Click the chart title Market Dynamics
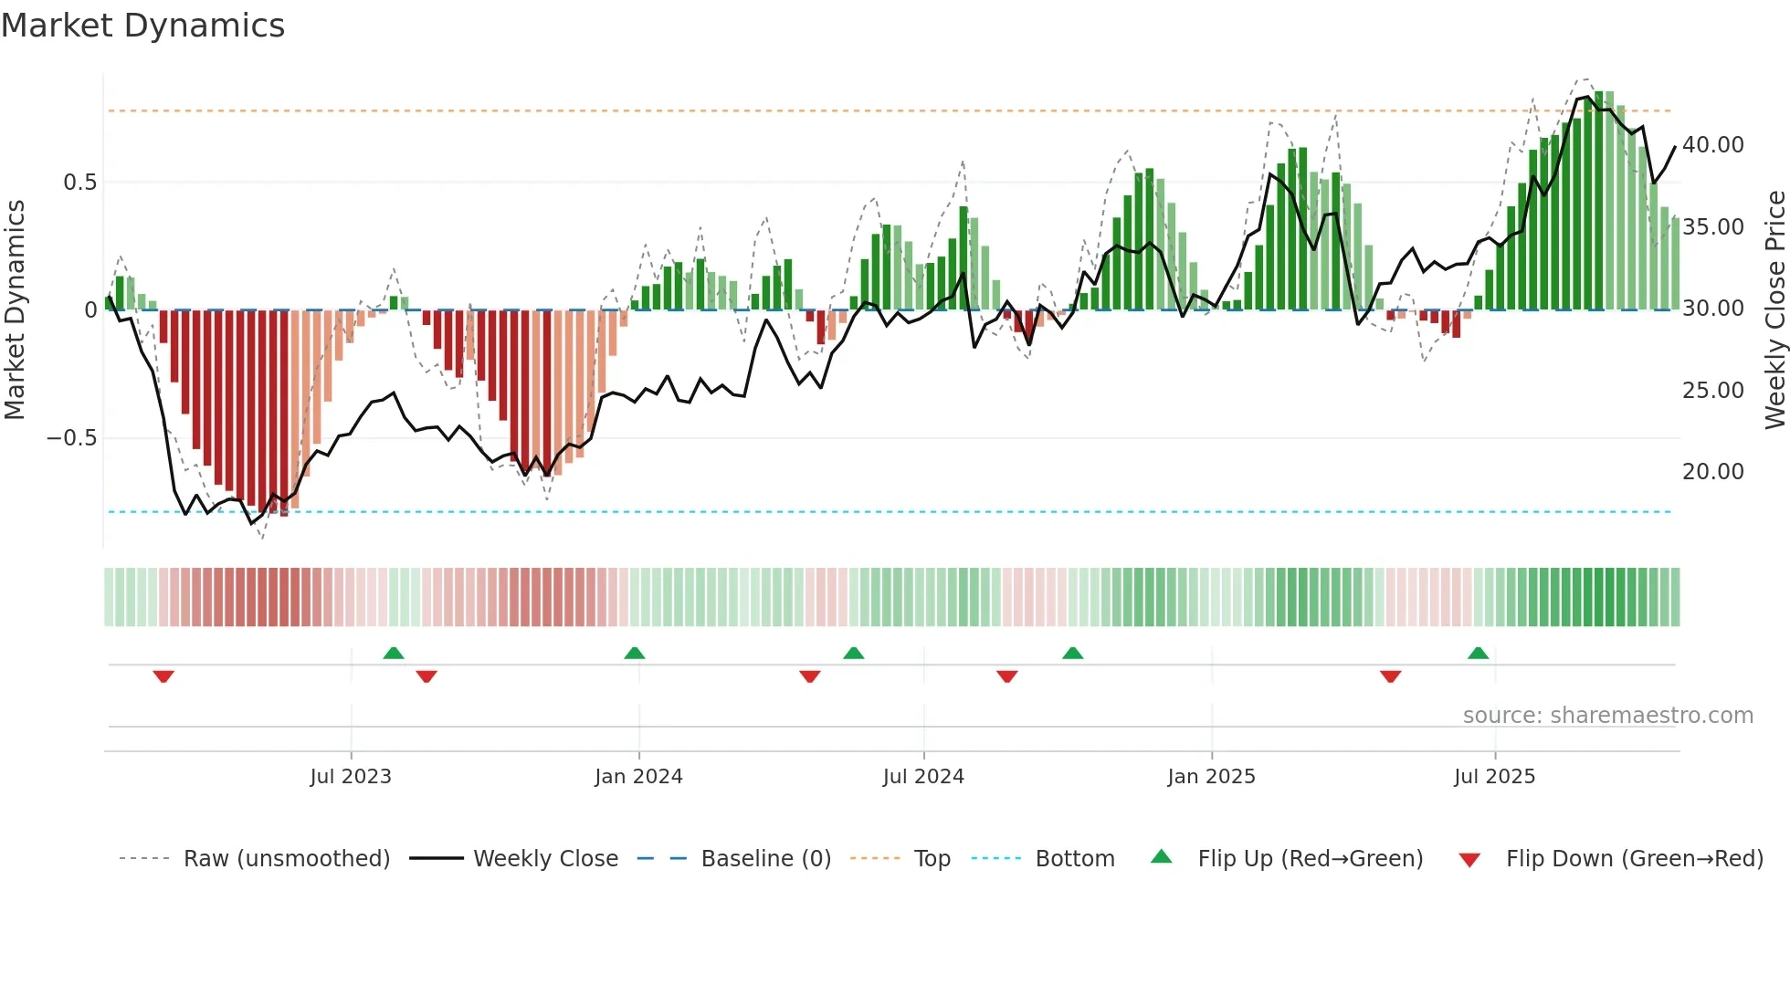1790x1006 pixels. click(142, 26)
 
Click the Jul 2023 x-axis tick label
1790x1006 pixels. click(351, 777)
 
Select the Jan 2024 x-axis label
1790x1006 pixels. click(638, 777)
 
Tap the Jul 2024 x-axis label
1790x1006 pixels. click(923, 777)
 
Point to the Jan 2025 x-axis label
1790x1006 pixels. click(1211, 777)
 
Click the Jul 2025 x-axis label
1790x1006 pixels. click(1494, 777)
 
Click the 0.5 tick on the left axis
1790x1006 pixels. click(79, 183)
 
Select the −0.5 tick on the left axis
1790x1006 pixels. click(71, 438)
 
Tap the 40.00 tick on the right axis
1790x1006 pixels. click(1712, 145)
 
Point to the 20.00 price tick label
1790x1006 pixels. click(1712, 472)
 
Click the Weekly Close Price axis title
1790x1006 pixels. click(1774, 310)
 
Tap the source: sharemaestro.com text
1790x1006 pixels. click(1607, 716)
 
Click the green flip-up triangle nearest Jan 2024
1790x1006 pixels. click(635, 654)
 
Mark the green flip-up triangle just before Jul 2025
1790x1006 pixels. click(1478, 654)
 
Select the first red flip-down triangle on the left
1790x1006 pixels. click(163, 676)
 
